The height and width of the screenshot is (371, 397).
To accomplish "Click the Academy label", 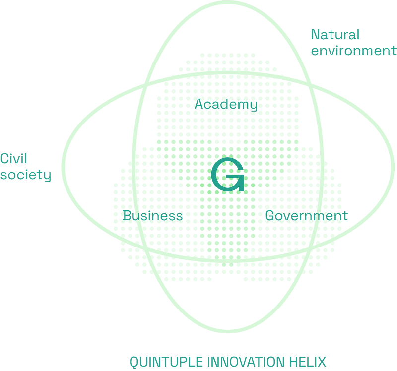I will (226, 105).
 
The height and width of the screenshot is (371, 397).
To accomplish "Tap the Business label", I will (152, 216).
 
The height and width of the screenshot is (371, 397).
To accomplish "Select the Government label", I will (306, 216).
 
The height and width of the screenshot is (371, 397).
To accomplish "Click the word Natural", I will (334, 35).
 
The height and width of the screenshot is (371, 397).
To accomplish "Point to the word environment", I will (353, 51).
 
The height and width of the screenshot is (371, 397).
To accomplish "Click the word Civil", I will (13, 159).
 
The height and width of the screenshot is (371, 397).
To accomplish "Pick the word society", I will (25, 175).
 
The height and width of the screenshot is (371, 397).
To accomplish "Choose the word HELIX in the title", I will (308, 362).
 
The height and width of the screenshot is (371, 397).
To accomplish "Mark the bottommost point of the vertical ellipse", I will (228, 331).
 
